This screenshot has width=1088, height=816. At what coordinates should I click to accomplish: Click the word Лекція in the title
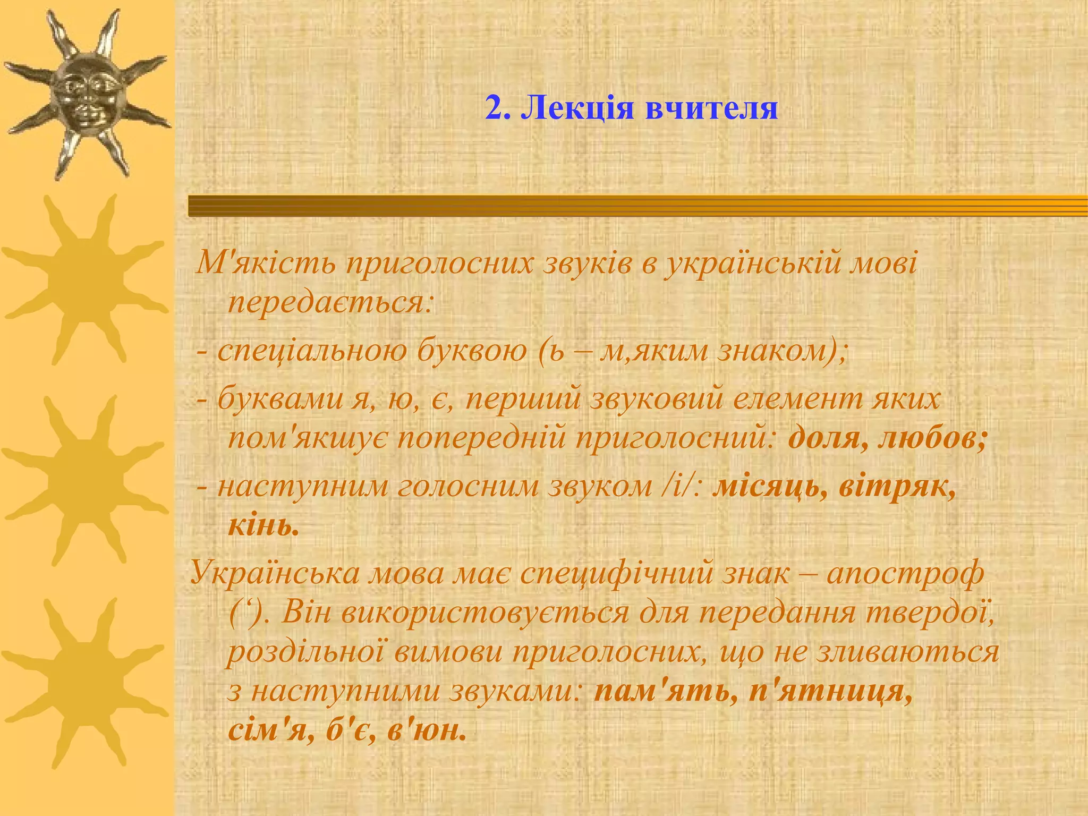[577, 108]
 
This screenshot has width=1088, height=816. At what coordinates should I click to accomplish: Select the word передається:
[331, 304]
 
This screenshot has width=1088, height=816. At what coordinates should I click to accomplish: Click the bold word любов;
[933, 439]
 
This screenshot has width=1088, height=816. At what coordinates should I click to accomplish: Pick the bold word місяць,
[770, 487]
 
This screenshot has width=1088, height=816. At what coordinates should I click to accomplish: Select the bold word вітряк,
[897, 487]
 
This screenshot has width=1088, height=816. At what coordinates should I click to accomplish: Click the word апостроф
[905, 574]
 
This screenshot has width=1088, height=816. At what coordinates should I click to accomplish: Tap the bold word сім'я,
[271, 731]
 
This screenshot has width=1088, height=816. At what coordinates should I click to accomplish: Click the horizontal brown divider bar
[637, 206]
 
